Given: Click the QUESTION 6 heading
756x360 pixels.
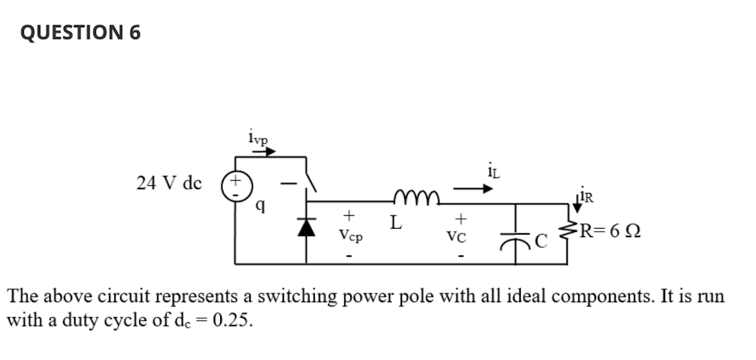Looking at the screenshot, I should [81, 32].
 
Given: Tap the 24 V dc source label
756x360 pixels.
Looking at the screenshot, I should [169, 183].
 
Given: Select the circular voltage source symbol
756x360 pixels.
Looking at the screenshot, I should [234, 184].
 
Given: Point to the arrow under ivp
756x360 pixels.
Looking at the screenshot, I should [264, 151].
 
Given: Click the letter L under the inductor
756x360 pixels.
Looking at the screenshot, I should [394, 225].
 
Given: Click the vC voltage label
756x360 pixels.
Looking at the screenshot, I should [460, 238].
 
